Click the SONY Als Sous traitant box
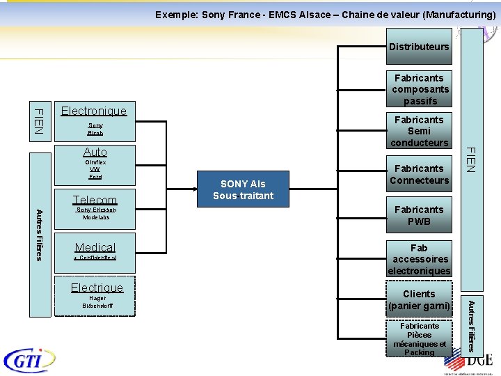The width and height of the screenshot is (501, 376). click(x=243, y=189)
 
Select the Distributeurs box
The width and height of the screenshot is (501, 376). click(x=419, y=47)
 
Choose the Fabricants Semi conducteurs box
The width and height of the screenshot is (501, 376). click(x=419, y=131)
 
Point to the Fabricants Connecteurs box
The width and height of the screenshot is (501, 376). click(x=419, y=174)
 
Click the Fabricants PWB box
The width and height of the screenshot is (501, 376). click(x=419, y=216)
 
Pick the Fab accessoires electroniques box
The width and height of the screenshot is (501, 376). click(x=419, y=259)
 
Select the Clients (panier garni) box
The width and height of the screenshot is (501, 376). click(x=419, y=299)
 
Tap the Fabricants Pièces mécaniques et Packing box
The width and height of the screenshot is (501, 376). click(x=419, y=339)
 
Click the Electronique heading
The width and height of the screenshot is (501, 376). click(x=94, y=111)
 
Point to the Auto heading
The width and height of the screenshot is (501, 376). click(x=95, y=152)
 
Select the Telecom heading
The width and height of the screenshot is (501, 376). click(x=95, y=200)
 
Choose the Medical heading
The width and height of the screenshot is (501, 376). click(x=95, y=247)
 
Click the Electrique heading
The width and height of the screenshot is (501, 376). click(x=97, y=288)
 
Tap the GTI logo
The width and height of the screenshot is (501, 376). click(x=29, y=361)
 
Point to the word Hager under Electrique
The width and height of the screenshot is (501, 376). click(x=97, y=298)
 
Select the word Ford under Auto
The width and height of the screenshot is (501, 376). click(x=95, y=176)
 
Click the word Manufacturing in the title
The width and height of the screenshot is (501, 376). click(x=459, y=14)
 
